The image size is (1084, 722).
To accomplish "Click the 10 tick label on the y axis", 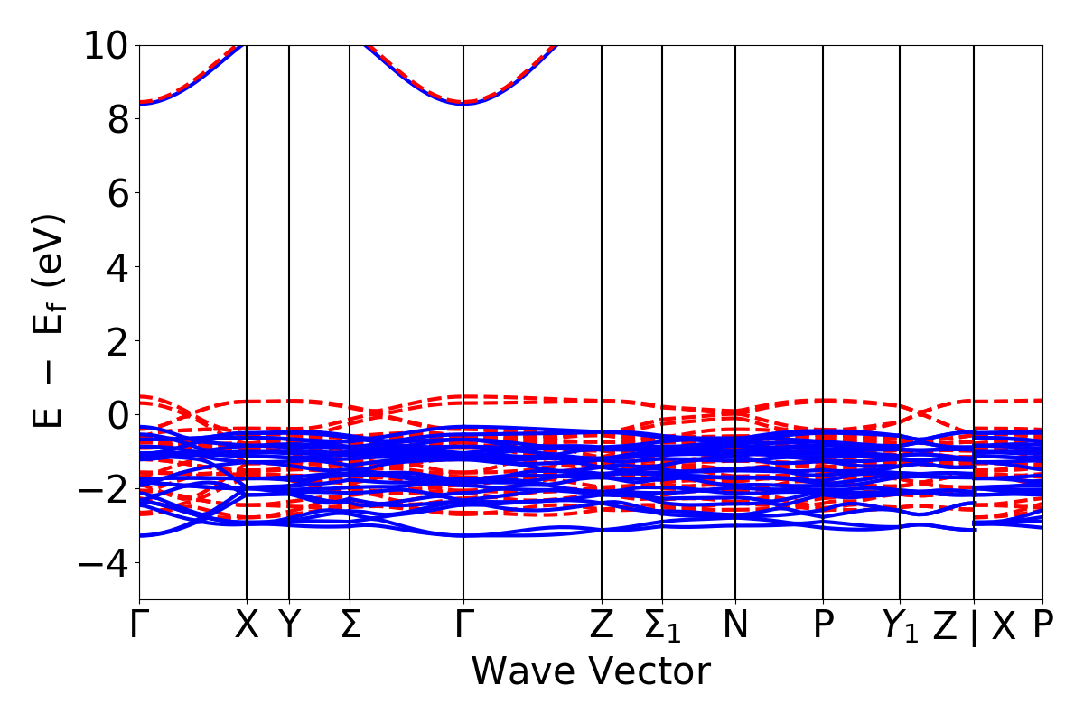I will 107,45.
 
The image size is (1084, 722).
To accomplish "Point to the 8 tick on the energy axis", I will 117,119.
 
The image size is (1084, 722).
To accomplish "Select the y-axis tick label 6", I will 117,193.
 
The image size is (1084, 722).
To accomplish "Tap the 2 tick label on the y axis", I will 117,341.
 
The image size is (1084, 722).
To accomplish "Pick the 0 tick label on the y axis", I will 117,415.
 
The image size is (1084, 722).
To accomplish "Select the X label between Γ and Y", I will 247,625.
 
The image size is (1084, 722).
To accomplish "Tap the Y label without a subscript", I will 289,625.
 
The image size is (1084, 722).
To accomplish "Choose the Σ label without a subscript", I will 350,625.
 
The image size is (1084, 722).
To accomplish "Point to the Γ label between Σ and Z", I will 463,625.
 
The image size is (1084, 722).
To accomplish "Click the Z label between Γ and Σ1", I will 602,625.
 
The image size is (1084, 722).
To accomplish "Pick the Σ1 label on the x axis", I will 662,627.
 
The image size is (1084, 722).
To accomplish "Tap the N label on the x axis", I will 735,625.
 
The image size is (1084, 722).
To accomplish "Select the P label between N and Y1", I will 823,625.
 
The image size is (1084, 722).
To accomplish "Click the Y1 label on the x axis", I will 900,627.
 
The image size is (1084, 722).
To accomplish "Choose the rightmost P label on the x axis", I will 1043,625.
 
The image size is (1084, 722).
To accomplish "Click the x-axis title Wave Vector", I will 591,672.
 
